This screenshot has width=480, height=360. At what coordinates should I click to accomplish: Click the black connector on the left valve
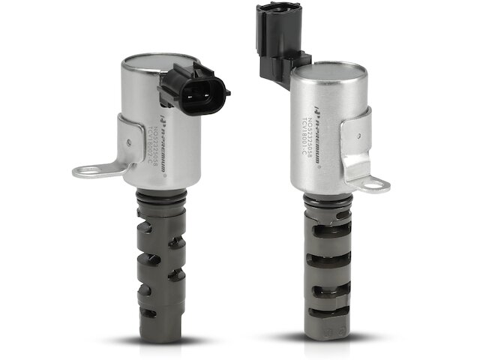193,88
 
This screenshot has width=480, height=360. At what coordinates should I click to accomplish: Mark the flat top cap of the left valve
159,59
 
